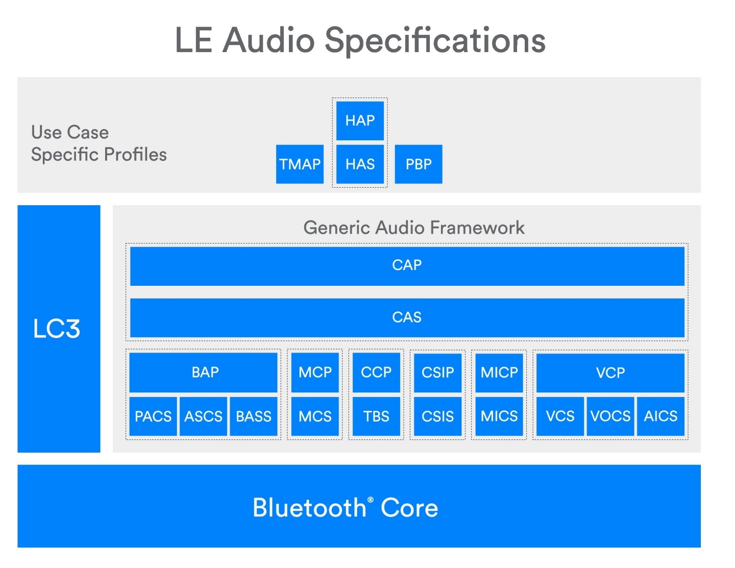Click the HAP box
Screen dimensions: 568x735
click(x=360, y=120)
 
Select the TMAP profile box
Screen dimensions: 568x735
click(x=300, y=164)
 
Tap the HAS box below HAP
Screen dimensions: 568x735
click(x=360, y=164)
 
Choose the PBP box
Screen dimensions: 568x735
click(x=419, y=164)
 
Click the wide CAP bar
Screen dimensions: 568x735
click(x=407, y=265)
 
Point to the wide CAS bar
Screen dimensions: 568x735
click(x=407, y=317)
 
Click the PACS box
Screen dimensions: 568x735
click(x=153, y=416)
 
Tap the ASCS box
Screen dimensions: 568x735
click(x=203, y=416)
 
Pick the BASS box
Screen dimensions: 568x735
click(x=254, y=416)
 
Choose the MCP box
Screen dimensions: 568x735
click(x=315, y=372)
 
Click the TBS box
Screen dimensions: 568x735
click(x=376, y=416)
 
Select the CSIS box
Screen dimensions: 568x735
click(x=437, y=416)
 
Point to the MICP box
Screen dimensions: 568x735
click(x=499, y=372)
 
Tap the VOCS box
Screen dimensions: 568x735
click(x=610, y=416)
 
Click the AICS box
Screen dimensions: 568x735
click(x=660, y=416)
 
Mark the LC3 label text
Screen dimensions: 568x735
click(x=57, y=329)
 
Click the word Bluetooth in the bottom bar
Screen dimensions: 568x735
click(x=309, y=508)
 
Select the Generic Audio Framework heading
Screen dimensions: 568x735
click(x=414, y=228)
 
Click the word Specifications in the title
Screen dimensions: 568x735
click(x=435, y=40)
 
